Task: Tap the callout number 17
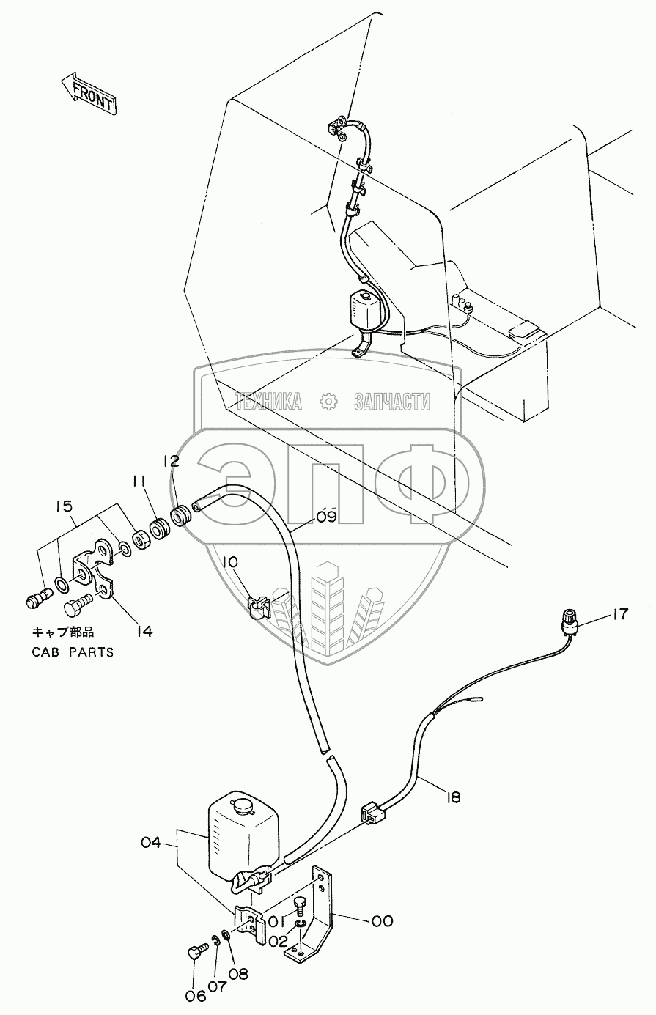(x=620, y=613)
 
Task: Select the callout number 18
(x=453, y=796)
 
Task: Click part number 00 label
(x=383, y=920)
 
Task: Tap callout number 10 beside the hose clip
(x=230, y=562)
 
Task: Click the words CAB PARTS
(x=73, y=652)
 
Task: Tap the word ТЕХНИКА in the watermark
(x=268, y=401)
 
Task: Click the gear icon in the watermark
(x=328, y=400)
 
